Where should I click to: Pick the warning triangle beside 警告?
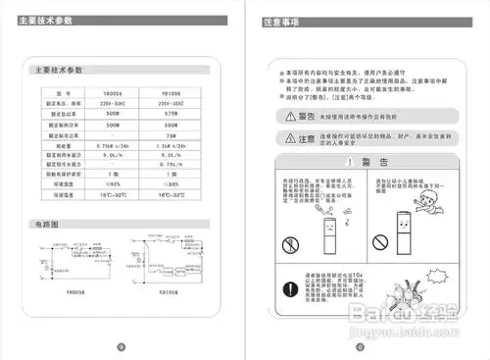pyautogui.click(x=282, y=115)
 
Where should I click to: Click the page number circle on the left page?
pyautogui.click(x=121, y=345)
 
